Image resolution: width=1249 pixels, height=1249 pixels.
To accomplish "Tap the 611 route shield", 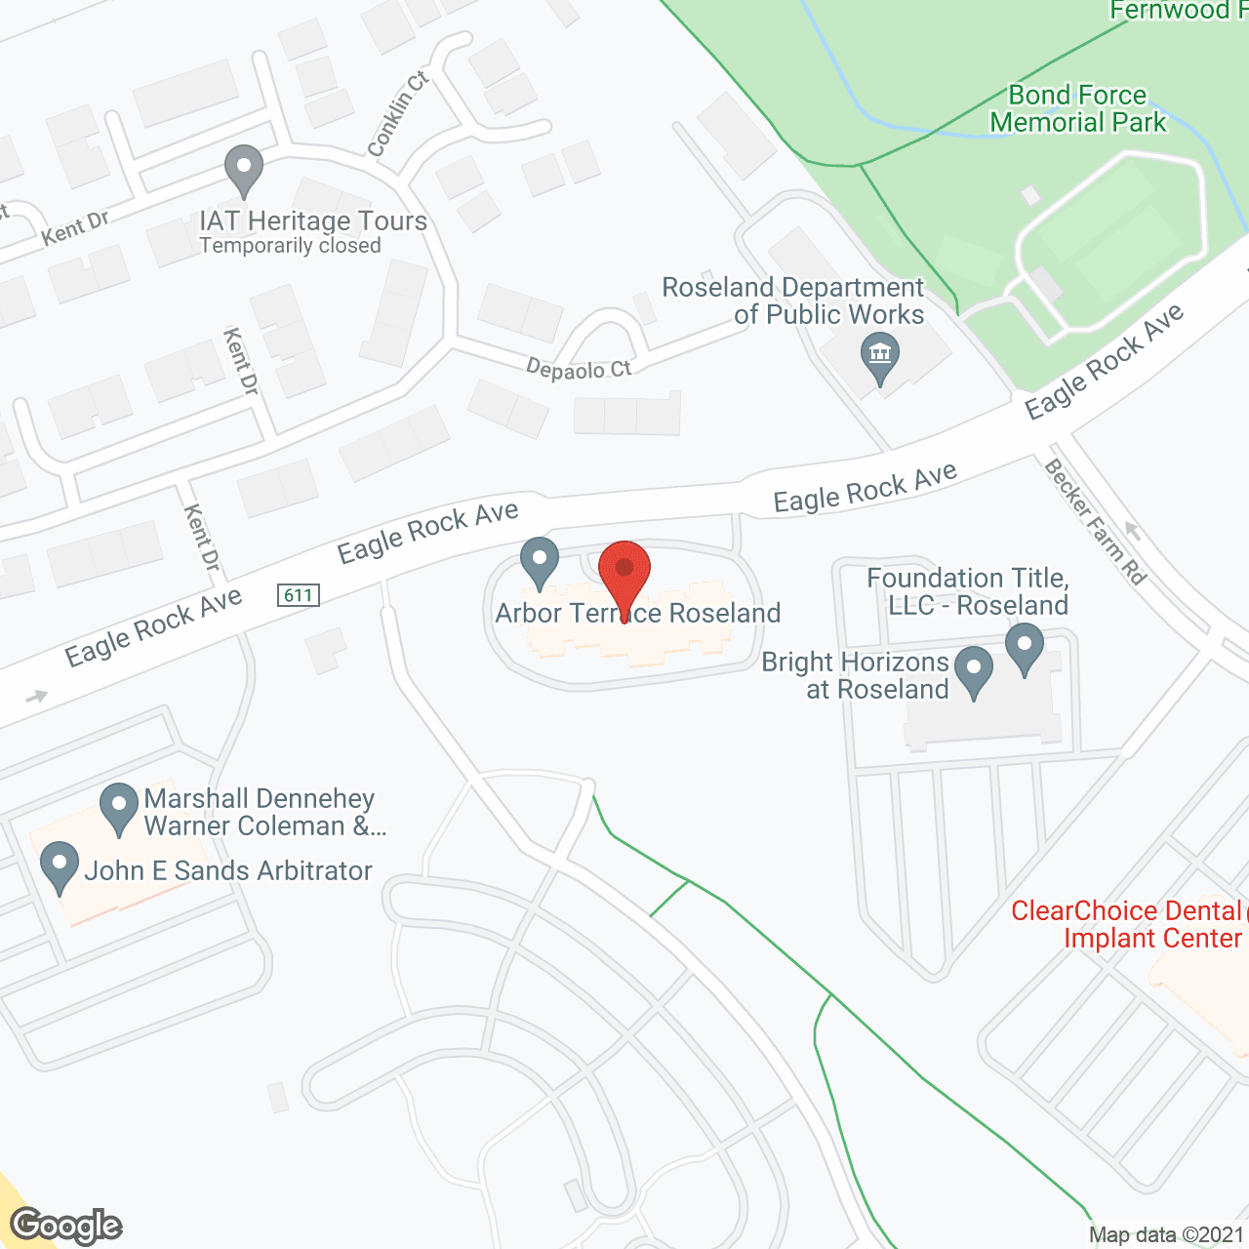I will [299, 595].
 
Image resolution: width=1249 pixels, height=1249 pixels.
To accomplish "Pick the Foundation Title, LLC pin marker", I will [1024, 647].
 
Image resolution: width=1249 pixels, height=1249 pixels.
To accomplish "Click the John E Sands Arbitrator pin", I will [60, 866].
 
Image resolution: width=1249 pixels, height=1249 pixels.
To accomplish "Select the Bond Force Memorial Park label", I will [1077, 108].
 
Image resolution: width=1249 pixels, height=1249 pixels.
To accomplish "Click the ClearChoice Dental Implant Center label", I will [1127, 924].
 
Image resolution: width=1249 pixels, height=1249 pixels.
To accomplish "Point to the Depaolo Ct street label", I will [579, 369].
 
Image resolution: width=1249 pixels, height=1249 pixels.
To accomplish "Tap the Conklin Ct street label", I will [398, 114].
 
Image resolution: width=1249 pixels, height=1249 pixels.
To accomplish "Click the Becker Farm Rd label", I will [1095, 521].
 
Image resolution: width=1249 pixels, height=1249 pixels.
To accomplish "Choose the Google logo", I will [66, 1226].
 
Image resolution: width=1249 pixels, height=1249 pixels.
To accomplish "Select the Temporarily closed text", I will [290, 246].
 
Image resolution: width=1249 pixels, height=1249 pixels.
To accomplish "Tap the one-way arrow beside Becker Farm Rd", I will [1132, 532].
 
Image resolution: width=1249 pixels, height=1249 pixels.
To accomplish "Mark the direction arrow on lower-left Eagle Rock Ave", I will [37, 697].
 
